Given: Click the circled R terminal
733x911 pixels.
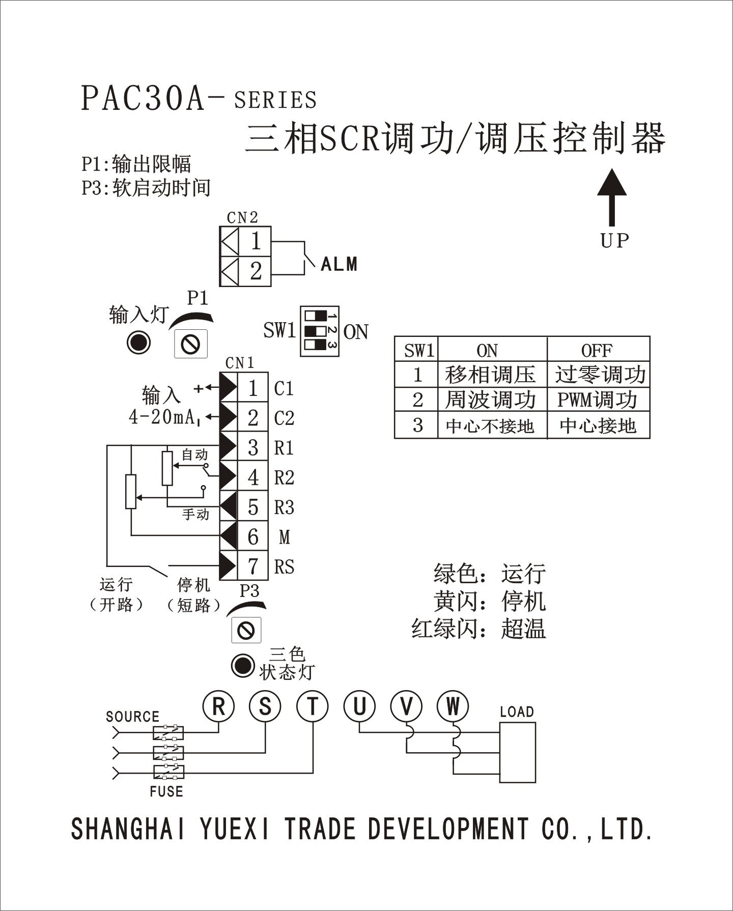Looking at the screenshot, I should click(x=218, y=706).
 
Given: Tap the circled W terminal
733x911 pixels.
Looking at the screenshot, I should click(x=453, y=706).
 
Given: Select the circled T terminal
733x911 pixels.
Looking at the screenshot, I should click(x=312, y=706).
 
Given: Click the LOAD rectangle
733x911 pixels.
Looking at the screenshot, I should click(x=517, y=752).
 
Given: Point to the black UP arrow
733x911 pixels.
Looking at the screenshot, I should click(x=612, y=196).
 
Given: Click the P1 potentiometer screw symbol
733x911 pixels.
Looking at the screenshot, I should click(x=191, y=344).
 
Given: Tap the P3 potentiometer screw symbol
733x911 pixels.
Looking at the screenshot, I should click(x=246, y=630).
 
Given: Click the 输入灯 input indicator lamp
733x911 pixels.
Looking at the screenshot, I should click(x=138, y=343).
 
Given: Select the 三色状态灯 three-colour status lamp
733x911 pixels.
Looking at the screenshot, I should click(x=242, y=665).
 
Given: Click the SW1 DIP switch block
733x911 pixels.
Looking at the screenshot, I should click(x=319, y=331).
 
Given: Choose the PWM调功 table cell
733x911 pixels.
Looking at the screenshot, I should click(x=598, y=400).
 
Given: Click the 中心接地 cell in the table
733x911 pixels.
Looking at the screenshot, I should click(x=598, y=425).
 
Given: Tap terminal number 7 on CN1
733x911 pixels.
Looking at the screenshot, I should click(x=252, y=566).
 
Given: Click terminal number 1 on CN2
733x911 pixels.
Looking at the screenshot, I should click(x=256, y=241).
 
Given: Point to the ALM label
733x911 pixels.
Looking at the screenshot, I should click(x=339, y=264).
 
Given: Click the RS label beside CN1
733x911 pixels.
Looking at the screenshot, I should click(x=284, y=566).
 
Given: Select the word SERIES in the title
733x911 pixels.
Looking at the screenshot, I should click(x=275, y=100).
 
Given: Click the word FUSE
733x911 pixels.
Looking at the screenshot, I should click(x=166, y=791).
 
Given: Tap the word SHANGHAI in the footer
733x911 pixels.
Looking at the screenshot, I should click(x=128, y=829).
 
